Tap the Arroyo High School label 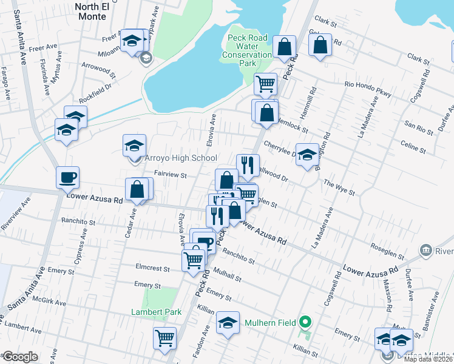click(180, 158)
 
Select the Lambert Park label click(157, 312)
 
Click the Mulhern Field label click(269, 322)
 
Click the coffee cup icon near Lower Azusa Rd click(68, 177)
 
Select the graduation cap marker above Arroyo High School click(135, 146)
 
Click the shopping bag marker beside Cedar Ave click(137, 189)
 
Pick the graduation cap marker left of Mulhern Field click(228, 323)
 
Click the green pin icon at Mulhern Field click(306, 322)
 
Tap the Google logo click(20, 357)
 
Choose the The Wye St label click(339, 186)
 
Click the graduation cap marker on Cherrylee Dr click(307, 153)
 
